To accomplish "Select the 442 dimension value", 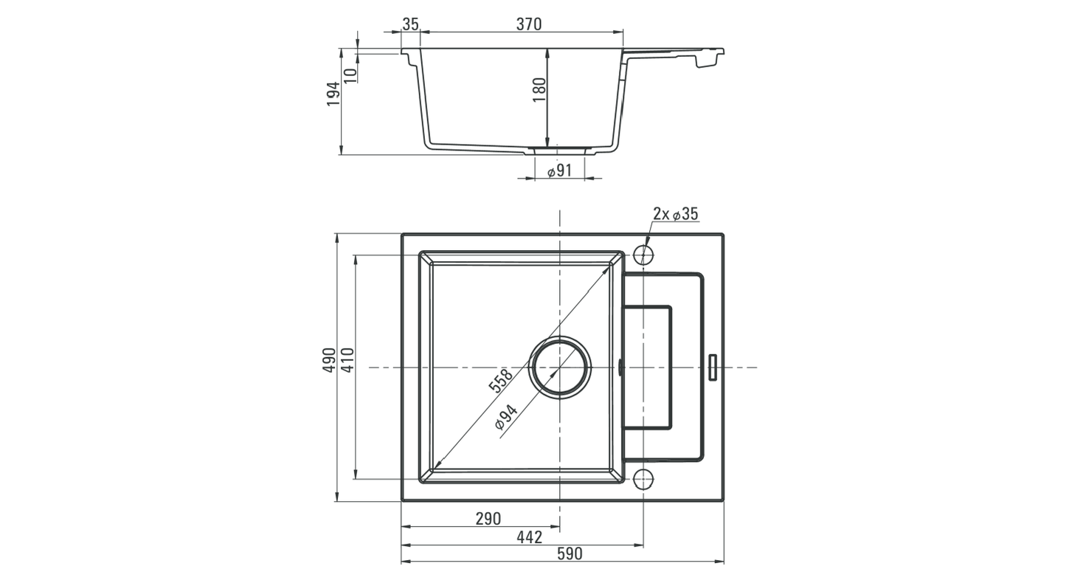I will click(x=529, y=537).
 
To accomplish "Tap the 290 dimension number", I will click(x=488, y=519).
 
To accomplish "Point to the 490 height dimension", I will click(x=329, y=359).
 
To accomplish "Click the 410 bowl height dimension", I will click(x=347, y=359).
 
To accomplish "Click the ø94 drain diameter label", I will click(x=506, y=417).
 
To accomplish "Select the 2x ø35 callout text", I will click(x=675, y=214).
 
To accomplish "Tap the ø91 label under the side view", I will click(x=560, y=171).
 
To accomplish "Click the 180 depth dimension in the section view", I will click(x=539, y=89).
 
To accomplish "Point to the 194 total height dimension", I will click(x=333, y=94).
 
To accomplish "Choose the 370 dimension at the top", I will click(x=528, y=24).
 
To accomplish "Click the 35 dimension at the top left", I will click(x=410, y=24).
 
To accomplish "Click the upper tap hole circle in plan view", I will click(x=643, y=255).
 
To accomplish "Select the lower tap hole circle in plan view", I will click(x=643, y=479).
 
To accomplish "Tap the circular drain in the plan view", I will click(x=560, y=367).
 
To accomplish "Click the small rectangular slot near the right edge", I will click(x=713, y=368).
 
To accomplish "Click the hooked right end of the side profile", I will click(x=708, y=58).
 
